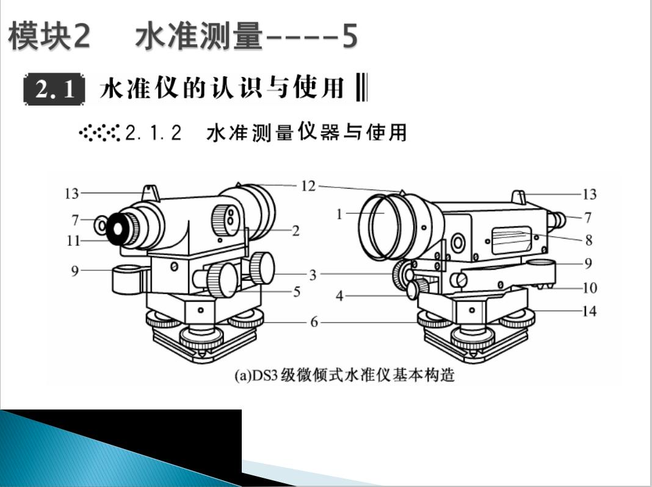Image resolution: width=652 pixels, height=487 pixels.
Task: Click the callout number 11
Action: point(73,240)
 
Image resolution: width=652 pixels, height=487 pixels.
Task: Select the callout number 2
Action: point(295,231)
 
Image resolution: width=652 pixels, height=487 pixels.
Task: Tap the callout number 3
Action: point(313,275)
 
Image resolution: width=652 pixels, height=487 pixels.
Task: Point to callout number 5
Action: point(297,292)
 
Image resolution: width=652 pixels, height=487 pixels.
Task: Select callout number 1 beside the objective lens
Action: point(339,214)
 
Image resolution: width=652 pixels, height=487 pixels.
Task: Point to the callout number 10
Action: point(589,287)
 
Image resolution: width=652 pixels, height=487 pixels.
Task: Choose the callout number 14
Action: point(589,311)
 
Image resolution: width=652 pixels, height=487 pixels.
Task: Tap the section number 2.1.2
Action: point(153,133)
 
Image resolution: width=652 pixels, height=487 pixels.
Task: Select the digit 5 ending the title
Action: point(349,38)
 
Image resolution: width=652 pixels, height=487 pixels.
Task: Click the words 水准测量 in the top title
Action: point(199,38)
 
